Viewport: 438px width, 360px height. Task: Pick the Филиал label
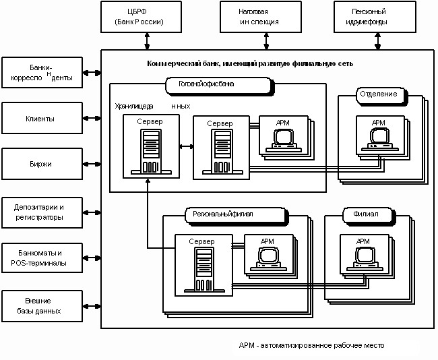click(366, 214)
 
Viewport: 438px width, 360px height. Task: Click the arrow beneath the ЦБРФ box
click(147, 42)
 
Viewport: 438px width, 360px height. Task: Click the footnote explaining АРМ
click(311, 345)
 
